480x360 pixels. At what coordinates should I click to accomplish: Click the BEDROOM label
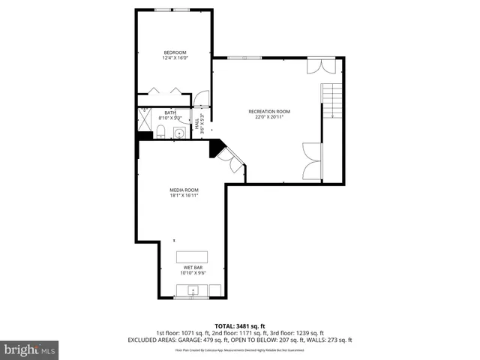[x=175, y=52]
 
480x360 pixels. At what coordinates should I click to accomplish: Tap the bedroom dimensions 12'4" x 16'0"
[x=175, y=58]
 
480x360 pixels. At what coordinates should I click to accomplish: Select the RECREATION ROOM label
[x=269, y=112]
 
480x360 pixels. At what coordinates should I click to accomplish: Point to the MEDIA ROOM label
[x=184, y=190]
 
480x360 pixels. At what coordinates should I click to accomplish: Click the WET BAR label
[x=193, y=267]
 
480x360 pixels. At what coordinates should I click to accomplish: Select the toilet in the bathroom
[x=161, y=133]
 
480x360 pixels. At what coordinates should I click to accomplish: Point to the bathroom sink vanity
[x=178, y=133]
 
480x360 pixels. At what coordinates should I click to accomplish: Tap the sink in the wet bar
[x=193, y=289]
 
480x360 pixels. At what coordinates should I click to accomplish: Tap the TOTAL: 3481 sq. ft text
[x=239, y=325]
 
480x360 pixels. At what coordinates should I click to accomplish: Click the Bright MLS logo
[x=30, y=349]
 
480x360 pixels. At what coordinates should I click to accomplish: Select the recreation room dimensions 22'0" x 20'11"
[x=269, y=118]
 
